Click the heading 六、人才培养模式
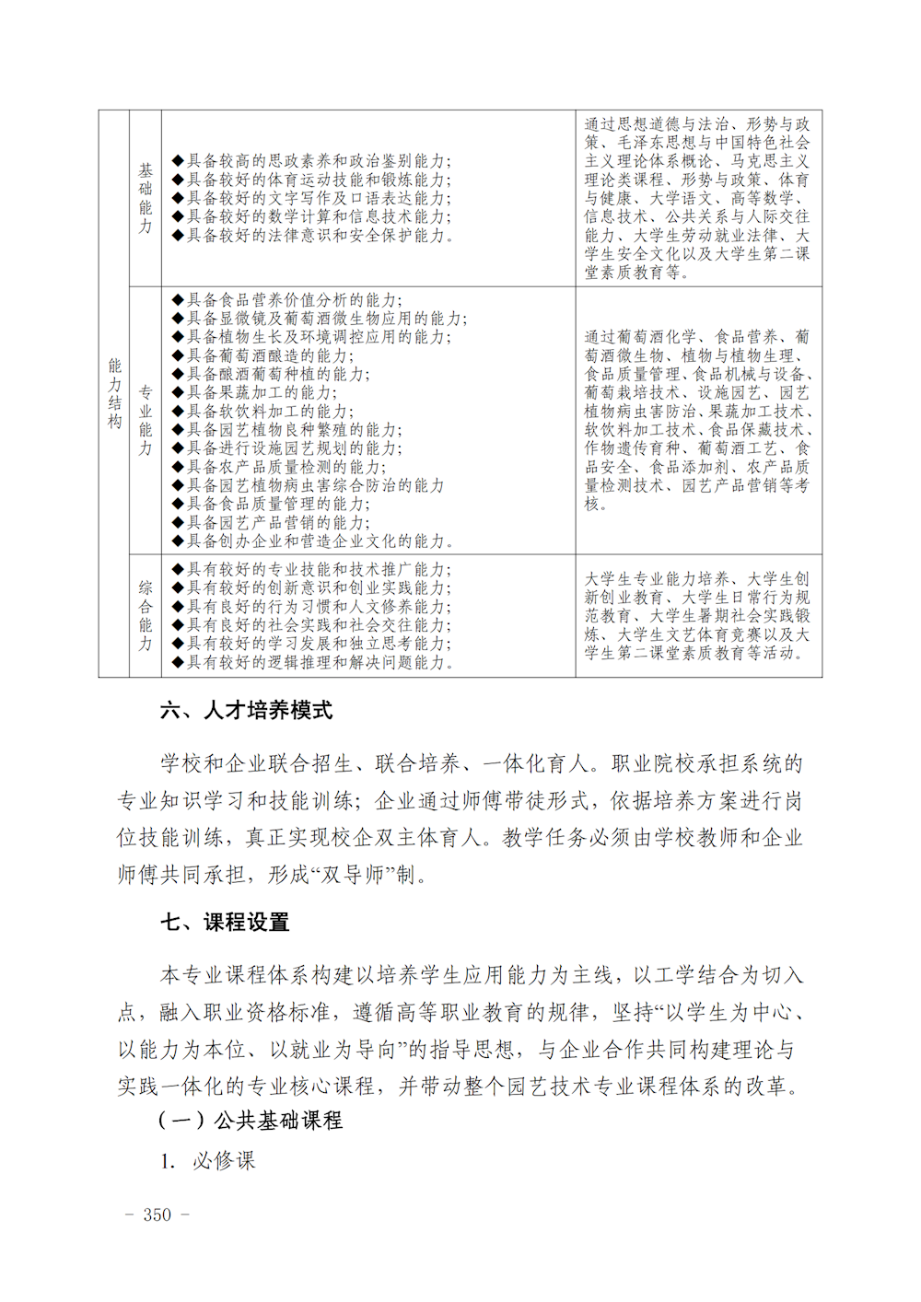click(x=246, y=710)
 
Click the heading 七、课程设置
click(x=225, y=922)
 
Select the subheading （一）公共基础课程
click(x=250, y=1121)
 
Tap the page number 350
click(x=157, y=1215)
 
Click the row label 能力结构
click(x=114, y=394)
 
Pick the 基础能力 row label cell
click(x=146, y=198)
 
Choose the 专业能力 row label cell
click(x=146, y=421)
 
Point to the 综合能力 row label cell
click(x=146, y=616)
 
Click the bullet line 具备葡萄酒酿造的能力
click(x=269, y=355)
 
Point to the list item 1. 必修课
click(x=207, y=1161)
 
